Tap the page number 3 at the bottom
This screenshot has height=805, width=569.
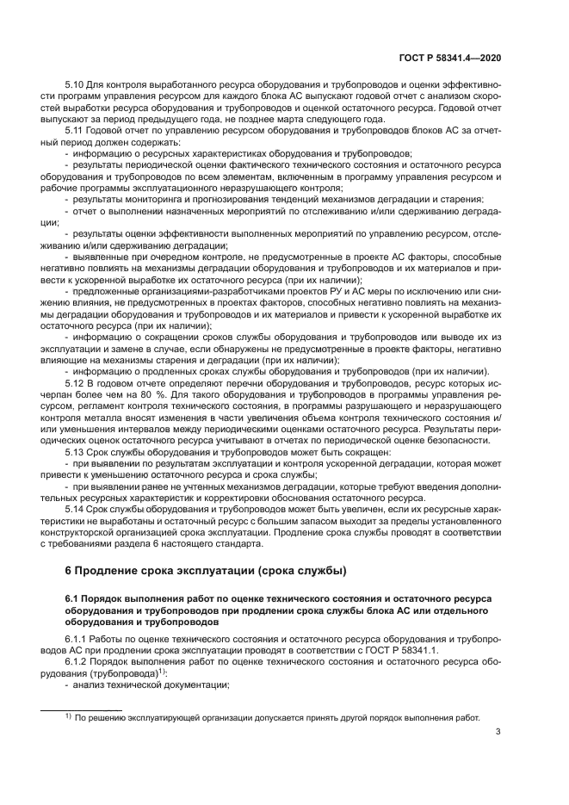[498, 734]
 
